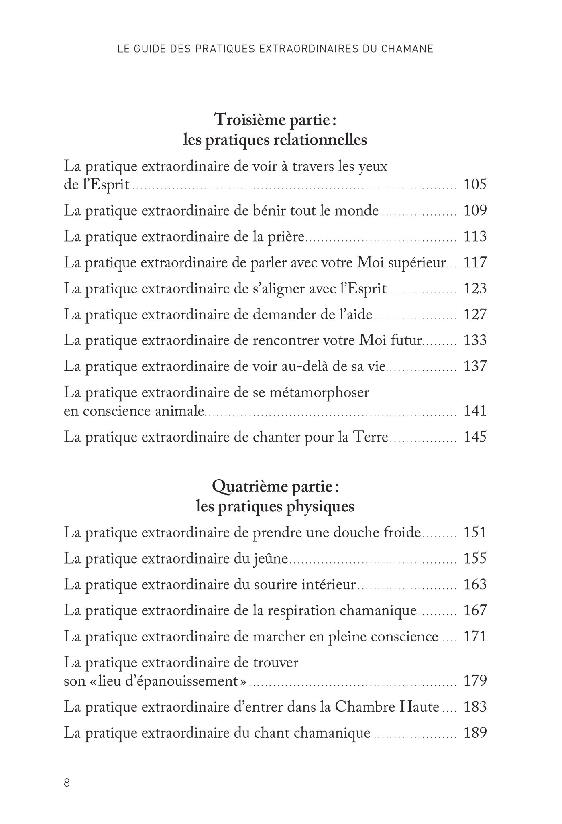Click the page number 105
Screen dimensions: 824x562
coord(475,185)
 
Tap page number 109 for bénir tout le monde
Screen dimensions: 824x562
coord(475,211)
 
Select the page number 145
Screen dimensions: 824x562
coord(475,437)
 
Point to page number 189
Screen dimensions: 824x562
coord(475,733)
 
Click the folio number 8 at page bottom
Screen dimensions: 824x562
coord(67,783)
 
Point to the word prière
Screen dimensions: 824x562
coord(286,237)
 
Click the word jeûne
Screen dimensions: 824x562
coord(271,559)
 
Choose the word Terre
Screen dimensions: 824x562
coord(369,437)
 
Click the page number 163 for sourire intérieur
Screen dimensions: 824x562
coord(475,584)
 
